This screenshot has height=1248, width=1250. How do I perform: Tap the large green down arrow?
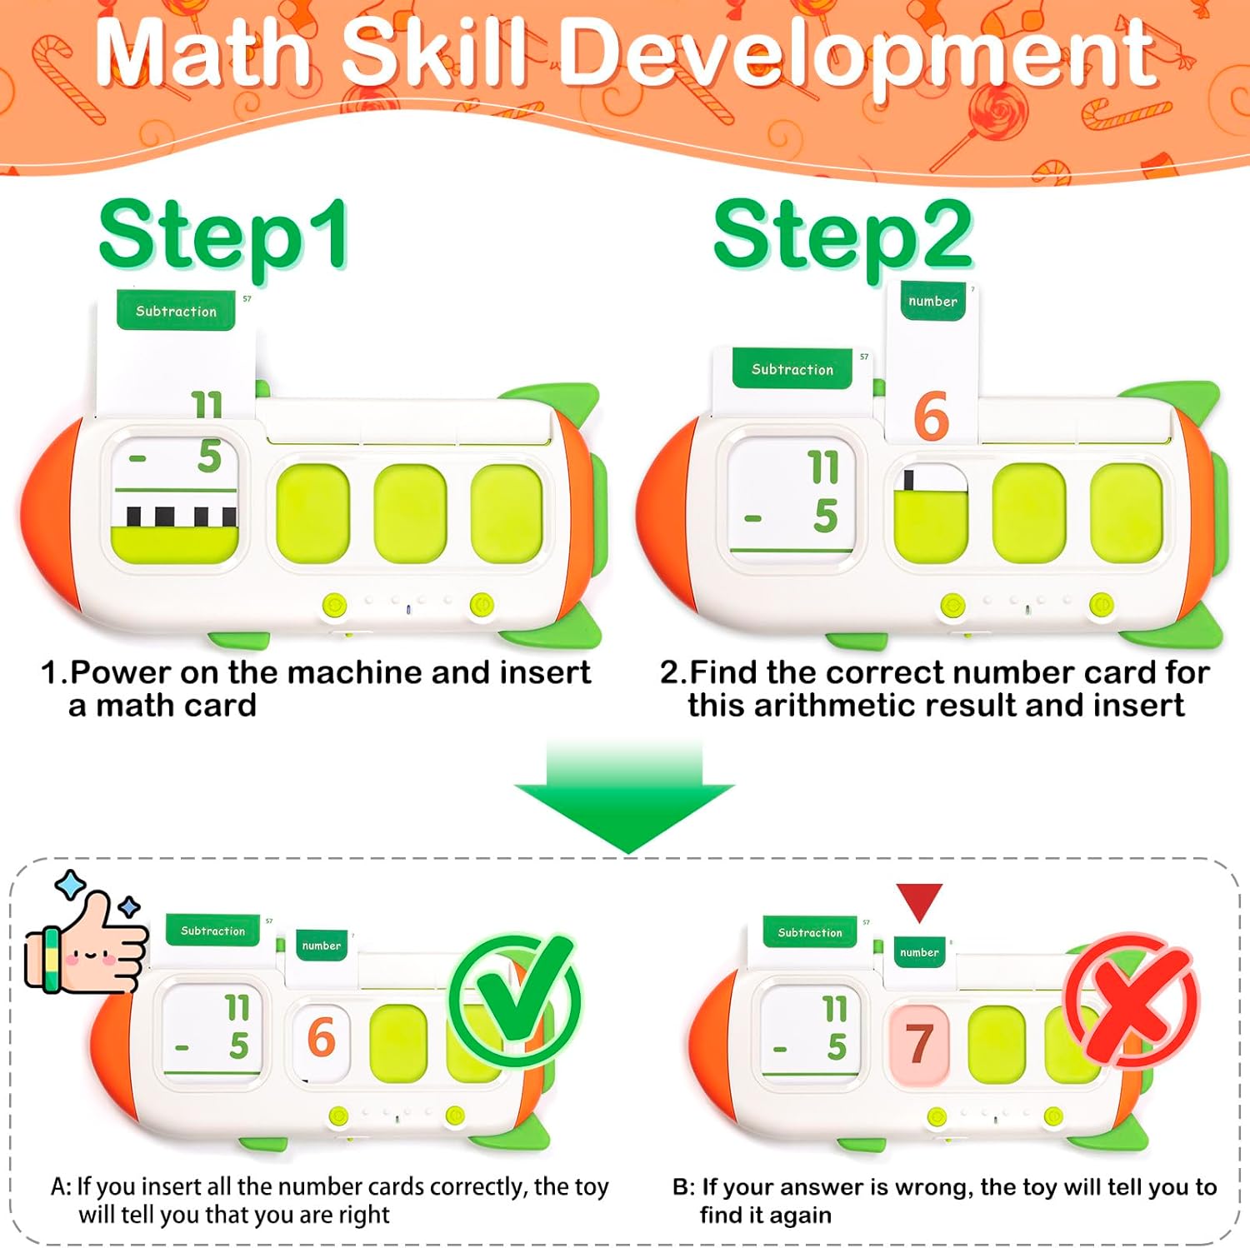[624, 796]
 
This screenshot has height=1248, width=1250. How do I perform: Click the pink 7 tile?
[919, 1043]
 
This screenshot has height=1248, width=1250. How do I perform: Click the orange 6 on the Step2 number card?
[931, 417]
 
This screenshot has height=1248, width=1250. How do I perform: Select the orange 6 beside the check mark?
[321, 1038]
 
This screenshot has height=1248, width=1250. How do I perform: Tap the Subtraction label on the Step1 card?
[176, 311]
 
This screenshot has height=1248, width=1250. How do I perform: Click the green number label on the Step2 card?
[932, 301]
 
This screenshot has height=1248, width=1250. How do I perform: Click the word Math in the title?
[203, 52]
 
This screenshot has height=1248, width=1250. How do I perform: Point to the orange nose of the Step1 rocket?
[50, 515]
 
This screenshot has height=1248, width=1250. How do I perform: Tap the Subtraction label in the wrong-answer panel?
[810, 933]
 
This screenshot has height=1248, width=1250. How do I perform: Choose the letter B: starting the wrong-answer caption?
[683, 1187]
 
